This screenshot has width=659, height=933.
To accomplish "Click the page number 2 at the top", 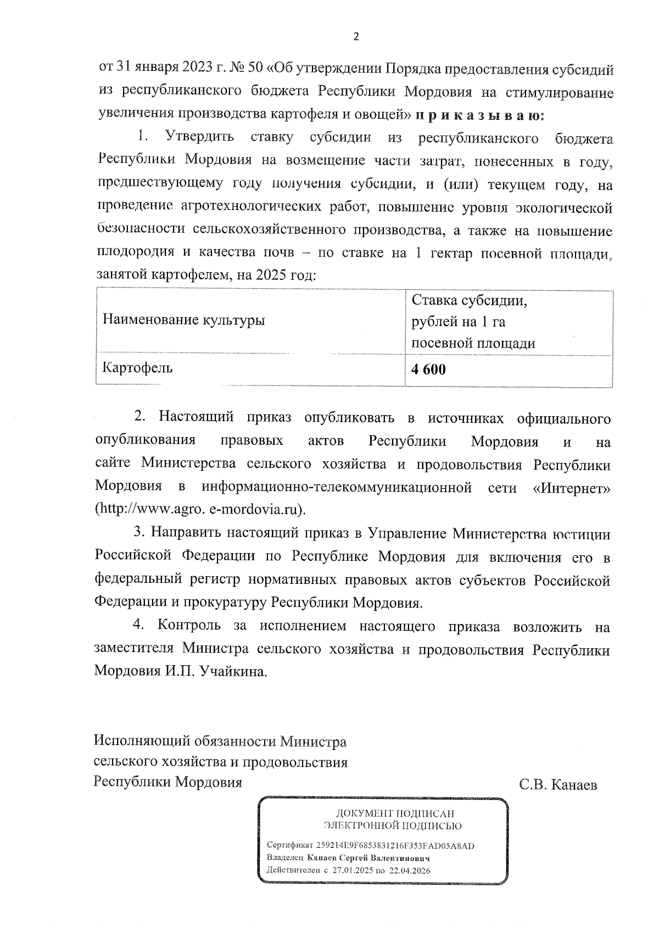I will tap(356, 37).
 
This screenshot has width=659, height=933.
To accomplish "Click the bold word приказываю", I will tap(480, 115).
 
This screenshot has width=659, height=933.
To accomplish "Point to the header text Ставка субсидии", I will tap(470, 301).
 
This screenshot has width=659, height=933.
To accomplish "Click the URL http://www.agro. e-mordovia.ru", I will tap(200, 509).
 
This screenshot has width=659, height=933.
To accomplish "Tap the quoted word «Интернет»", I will tap(572, 487).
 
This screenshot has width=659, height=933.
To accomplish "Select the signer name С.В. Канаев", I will tap(558, 785).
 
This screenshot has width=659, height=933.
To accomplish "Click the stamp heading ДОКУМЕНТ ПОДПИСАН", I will tap(395, 814).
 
